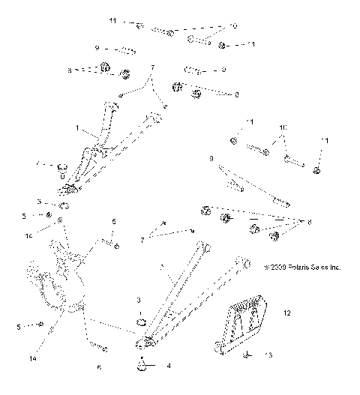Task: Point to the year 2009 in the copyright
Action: (x=276, y=266)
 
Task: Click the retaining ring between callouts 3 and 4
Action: (x=141, y=325)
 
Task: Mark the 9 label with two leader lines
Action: (x=211, y=159)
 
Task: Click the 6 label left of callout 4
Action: (x=99, y=367)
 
